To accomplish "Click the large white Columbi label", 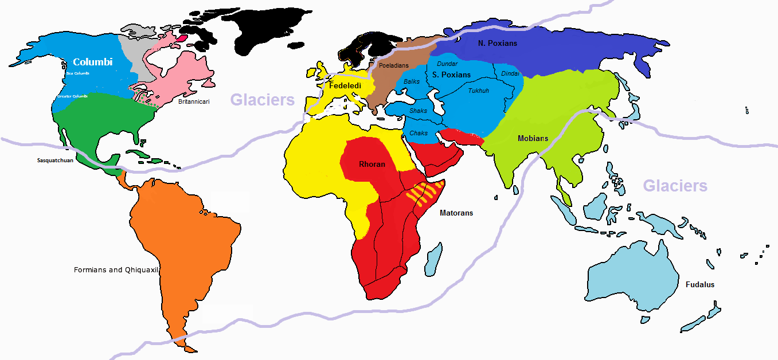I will point(92,62).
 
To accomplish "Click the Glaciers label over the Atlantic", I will point(263,100).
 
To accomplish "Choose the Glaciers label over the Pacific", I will point(675,186).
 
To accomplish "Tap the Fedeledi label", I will point(344,85).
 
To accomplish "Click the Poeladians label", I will point(394,66).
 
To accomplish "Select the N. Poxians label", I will point(498,43).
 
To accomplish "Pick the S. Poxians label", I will point(451,75).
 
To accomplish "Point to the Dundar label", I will point(447,64).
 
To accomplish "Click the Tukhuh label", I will point(479,91).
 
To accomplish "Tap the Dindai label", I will point(510,73).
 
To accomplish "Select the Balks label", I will point(412,82).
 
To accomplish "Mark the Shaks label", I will point(418,111).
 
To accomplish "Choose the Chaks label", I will point(419,133).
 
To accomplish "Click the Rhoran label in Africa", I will point(372,165).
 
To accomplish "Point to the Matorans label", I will point(456,213).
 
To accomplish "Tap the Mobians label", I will point(533,138).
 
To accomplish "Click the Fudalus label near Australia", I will point(700,284).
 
